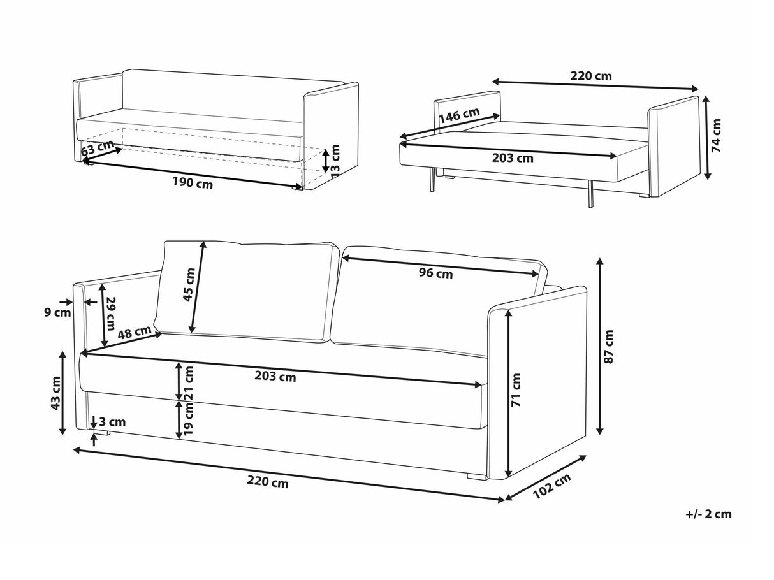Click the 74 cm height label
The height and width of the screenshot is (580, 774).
(x=717, y=135)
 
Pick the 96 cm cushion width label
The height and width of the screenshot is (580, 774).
(x=435, y=273)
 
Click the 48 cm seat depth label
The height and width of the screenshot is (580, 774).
(x=135, y=333)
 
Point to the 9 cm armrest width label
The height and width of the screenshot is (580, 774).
(x=58, y=313)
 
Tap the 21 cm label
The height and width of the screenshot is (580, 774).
(x=188, y=384)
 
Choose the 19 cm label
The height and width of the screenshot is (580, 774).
(x=188, y=421)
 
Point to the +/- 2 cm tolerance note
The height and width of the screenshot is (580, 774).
(x=708, y=514)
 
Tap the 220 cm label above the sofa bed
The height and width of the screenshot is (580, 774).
(x=590, y=76)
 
